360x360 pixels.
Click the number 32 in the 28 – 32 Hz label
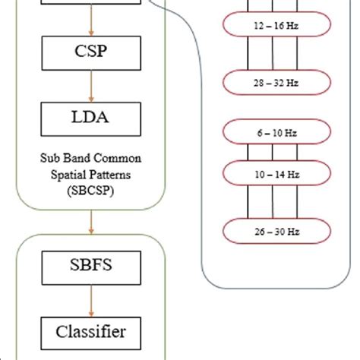coord(274,81)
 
